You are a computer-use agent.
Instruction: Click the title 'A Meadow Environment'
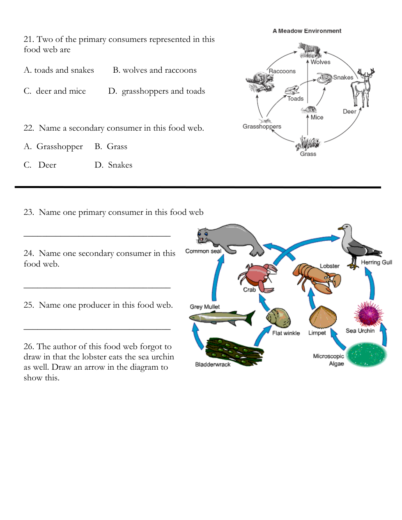(307, 31)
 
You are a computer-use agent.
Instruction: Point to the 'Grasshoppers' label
(262, 127)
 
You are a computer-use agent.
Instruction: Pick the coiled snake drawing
(324, 78)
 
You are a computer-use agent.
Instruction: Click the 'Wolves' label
(320, 62)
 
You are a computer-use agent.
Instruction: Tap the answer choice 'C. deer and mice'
(55, 91)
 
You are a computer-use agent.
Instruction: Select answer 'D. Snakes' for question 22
(114, 165)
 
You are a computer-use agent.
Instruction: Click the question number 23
(28, 212)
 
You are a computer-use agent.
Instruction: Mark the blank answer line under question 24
(97, 288)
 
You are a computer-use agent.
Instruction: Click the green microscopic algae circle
(366, 355)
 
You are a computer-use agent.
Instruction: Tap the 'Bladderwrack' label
(213, 364)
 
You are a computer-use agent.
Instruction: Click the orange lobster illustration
(316, 277)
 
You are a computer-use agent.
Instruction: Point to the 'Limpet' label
(317, 333)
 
